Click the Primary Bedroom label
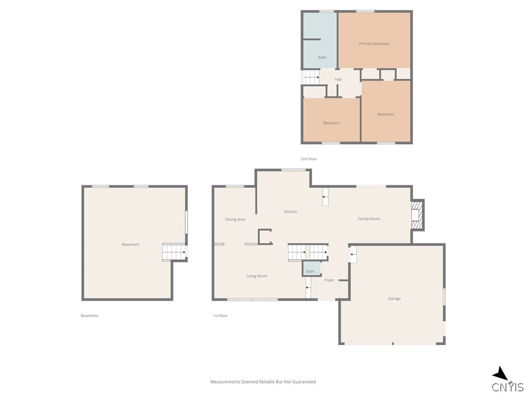point(374,44)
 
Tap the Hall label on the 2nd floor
point(338,80)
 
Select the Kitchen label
point(291,211)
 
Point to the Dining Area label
point(235,220)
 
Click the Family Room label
point(369,219)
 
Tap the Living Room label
point(257,276)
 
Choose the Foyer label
point(329,280)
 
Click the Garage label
point(394,299)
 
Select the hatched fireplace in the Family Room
point(416,216)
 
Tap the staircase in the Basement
point(174,252)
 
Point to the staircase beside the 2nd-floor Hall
point(311,77)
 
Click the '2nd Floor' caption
point(309,159)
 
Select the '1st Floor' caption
point(220,316)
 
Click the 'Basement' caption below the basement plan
point(89,316)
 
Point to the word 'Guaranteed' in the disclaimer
point(304,382)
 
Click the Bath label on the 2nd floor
point(323,58)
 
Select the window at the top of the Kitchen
point(293,170)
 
